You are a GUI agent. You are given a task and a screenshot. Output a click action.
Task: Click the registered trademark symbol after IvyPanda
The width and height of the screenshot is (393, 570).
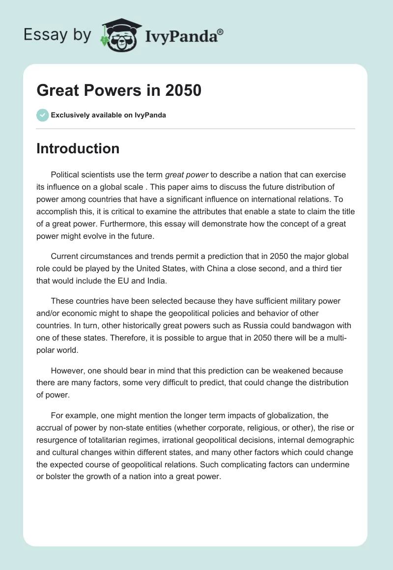(221, 31)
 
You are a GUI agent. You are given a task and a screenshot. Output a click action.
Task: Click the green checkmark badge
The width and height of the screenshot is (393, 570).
(42, 115)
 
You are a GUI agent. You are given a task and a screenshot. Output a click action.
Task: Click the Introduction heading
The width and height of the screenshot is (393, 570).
(78, 148)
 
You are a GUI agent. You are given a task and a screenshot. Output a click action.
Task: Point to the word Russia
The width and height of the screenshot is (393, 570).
(252, 326)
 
